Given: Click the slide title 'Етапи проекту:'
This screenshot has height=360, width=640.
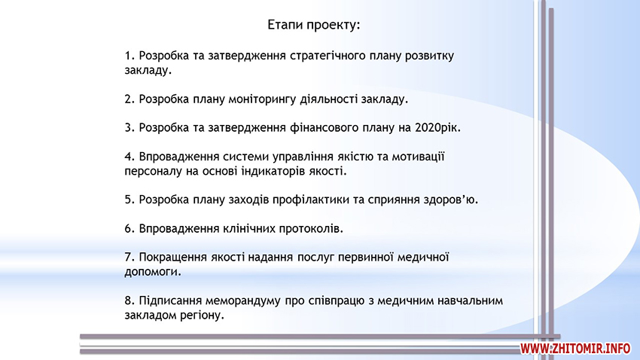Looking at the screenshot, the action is pos(314,25).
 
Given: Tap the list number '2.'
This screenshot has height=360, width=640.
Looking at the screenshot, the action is pos(130,99).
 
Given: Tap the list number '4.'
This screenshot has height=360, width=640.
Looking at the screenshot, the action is pos(130,157).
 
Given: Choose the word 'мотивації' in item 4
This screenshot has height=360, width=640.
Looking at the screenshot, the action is pos(418,157).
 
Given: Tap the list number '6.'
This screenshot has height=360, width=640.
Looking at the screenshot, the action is pos(130,228).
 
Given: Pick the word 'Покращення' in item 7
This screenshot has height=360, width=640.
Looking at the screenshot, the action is pos(173,258).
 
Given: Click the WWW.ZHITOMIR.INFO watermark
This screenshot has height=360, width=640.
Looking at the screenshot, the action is pos(574,349).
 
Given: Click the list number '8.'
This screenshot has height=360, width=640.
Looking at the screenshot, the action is pos(130,301).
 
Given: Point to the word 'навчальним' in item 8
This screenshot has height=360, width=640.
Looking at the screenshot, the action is pos(470,301).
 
